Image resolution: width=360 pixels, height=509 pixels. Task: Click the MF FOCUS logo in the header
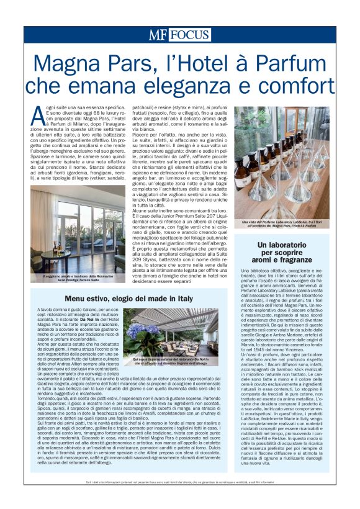tap(179, 35)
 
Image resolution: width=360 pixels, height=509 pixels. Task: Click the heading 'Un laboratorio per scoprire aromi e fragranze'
tap(283, 253)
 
